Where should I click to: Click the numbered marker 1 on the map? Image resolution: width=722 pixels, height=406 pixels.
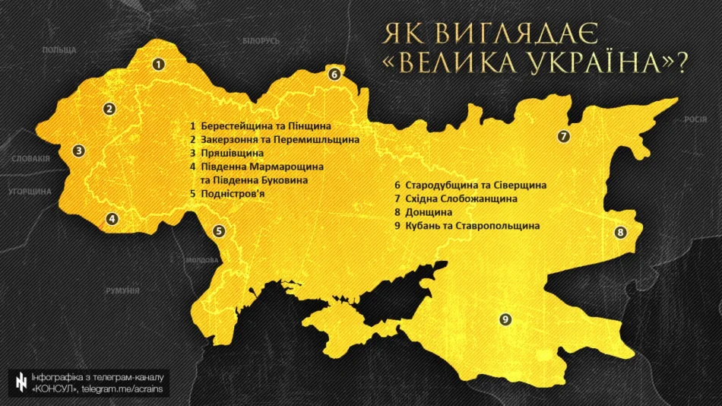(158, 65)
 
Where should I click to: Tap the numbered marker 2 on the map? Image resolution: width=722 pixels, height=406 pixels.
(110, 109)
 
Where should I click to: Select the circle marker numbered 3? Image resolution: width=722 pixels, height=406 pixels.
(78, 151)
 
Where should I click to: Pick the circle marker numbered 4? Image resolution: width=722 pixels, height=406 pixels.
(112, 220)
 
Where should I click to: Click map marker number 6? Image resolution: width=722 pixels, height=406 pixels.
(334, 74)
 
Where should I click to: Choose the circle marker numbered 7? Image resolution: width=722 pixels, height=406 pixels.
(563, 137)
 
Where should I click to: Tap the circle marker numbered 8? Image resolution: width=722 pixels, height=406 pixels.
(620, 233)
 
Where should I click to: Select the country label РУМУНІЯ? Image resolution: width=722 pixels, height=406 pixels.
(123, 290)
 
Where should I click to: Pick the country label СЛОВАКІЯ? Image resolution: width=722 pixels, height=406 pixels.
(30, 159)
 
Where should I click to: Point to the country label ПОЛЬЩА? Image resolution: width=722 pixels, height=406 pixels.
(59, 49)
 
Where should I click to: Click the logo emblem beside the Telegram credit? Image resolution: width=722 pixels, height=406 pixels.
(19, 383)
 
